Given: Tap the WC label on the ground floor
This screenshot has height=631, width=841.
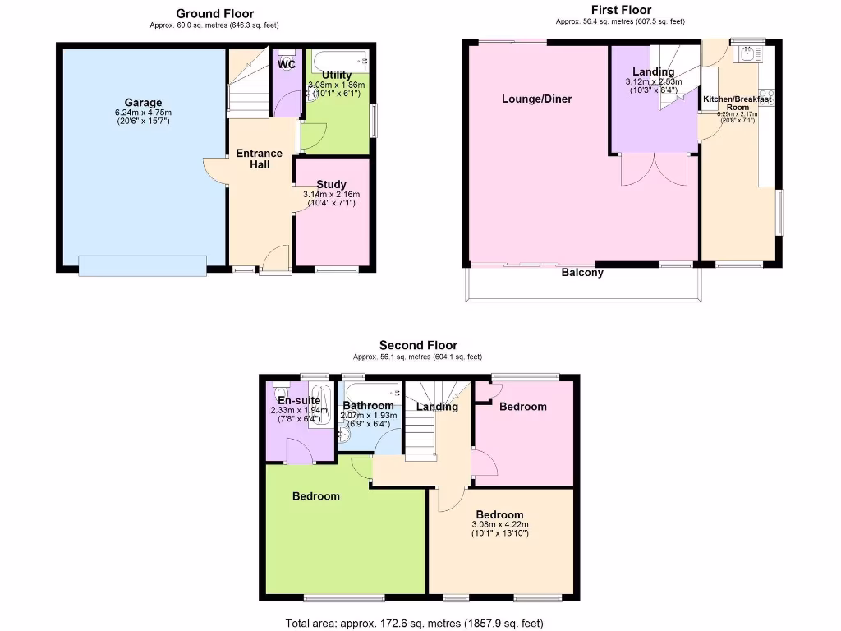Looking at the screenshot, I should click(x=287, y=64).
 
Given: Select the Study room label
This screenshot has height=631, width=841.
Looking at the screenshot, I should click(x=331, y=184).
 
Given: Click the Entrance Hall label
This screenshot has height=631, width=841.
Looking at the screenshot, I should click(x=260, y=159).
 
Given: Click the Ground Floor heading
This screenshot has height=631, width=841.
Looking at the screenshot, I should click(x=215, y=13).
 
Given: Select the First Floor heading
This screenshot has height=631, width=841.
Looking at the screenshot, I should click(x=621, y=10).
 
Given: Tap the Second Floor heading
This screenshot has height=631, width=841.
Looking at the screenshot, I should click(x=418, y=345).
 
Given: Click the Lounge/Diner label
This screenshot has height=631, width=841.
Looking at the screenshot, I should click(x=537, y=99).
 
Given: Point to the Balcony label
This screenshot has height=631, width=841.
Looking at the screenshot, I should click(x=582, y=273).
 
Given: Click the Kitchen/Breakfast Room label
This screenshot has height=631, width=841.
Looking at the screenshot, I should click(x=738, y=103).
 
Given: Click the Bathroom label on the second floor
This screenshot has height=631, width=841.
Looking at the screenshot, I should click(x=369, y=406).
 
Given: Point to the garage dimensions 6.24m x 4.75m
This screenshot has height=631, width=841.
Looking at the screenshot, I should click(x=143, y=113).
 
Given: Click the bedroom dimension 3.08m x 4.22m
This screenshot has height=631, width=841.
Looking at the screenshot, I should click(x=499, y=525).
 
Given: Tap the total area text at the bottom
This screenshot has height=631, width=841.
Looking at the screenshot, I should click(x=414, y=623).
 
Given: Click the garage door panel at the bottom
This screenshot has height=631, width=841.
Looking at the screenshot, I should click(x=143, y=266).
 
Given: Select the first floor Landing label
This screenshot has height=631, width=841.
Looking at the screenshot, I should click(x=653, y=72).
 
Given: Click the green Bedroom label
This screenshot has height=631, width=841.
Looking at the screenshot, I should click(x=316, y=496).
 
